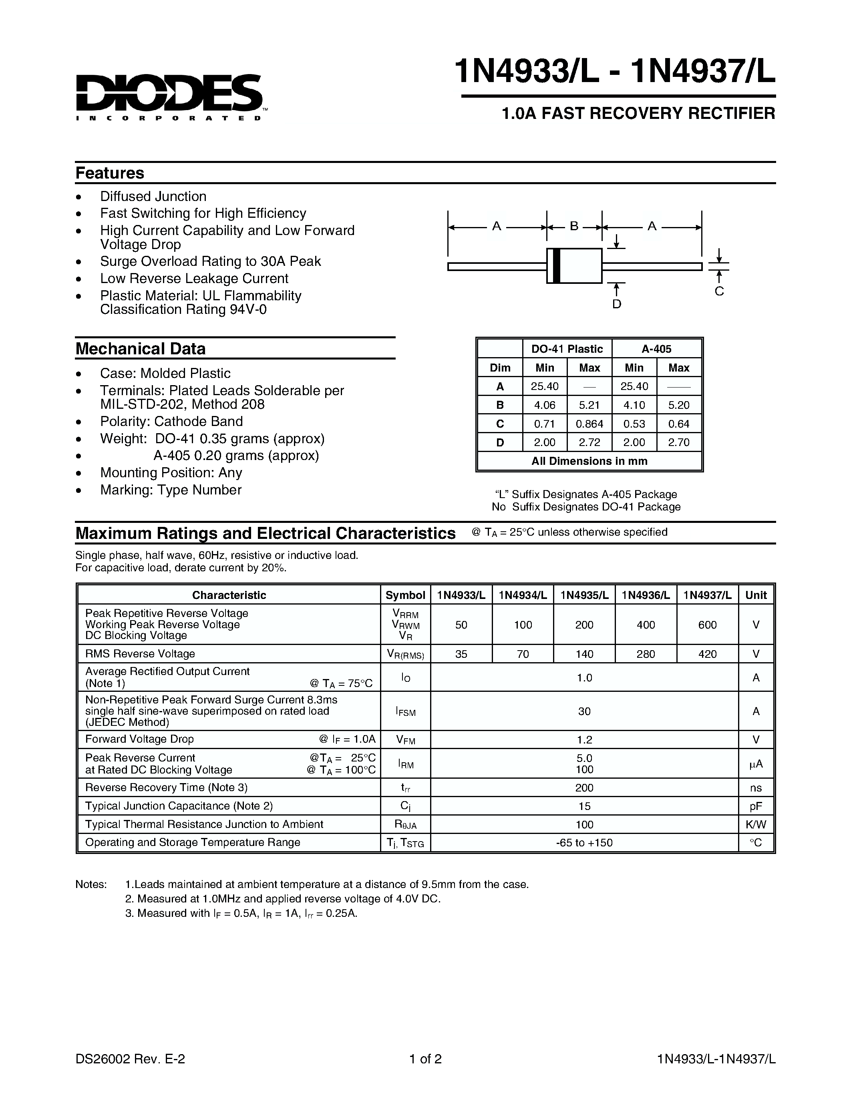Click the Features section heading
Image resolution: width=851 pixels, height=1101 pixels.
pos(109,173)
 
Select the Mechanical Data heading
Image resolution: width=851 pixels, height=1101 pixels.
pos(140,349)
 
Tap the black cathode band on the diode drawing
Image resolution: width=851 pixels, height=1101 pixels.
pos(556,266)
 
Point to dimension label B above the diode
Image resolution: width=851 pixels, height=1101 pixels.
pos(574,226)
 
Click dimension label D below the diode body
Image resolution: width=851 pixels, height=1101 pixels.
pos(617,304)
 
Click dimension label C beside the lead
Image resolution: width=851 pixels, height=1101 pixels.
pos(719,291)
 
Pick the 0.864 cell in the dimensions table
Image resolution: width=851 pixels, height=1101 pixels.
pos(589,424)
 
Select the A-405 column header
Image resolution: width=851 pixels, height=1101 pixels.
pos(656,349)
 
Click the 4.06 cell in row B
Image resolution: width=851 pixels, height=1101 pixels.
pos(545,405)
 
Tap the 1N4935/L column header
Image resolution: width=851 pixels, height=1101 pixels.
pos(584,595)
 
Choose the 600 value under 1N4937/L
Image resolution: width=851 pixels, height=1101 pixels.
pos(707,625)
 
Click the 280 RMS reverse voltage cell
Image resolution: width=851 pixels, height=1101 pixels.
pos(646,654)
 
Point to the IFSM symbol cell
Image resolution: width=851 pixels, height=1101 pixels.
pos(405,712)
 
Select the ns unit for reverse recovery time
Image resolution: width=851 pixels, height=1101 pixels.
pos(756,788)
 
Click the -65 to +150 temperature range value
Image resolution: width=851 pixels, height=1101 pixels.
pos(584,842)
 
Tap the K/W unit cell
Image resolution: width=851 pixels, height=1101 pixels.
pos(756,824)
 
